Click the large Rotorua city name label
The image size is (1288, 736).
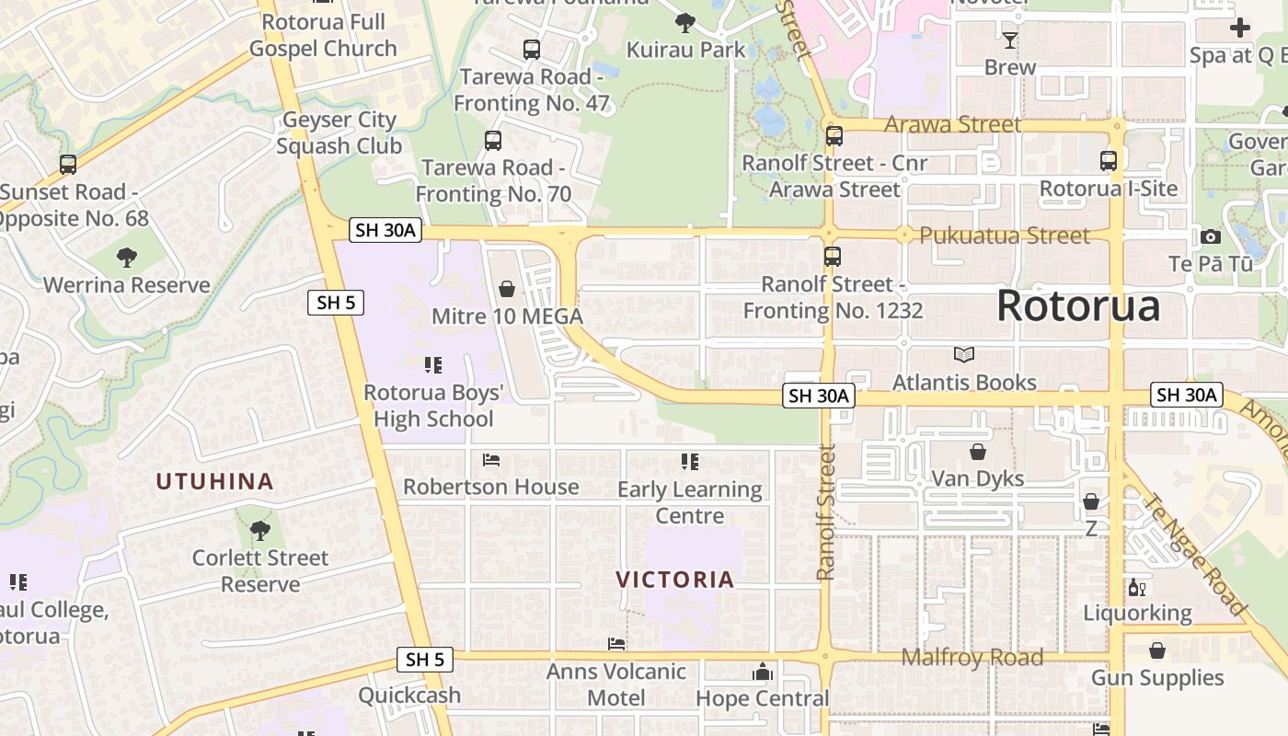[1078, 305]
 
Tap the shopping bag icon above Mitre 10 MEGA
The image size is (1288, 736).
[506, 290]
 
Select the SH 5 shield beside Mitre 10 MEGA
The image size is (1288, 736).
[337, 302]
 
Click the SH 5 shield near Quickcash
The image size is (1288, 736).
[425, 659]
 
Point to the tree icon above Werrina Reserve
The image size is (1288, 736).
[127, 258]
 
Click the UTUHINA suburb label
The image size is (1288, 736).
[214, 481]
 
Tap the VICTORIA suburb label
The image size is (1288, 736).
[675, 580]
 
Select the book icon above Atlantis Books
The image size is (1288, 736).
[963, 354]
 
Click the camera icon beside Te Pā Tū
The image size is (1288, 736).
[1211, 237]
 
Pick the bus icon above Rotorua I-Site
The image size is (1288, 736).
[1109, 161]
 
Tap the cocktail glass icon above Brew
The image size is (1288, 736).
[1009, 40]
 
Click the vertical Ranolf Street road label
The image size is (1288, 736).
[825, 512]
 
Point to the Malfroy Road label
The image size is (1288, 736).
[972, 657]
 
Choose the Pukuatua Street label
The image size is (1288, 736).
[1005, 236]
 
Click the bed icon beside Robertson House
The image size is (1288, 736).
[491, 459]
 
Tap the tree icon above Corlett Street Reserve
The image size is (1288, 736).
[260, 530]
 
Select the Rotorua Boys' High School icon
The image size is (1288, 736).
[433, 365]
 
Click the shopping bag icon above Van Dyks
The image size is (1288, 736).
[977, 452]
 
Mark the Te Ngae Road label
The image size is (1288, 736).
[1193, 555]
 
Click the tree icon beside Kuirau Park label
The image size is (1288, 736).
[684, 22]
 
